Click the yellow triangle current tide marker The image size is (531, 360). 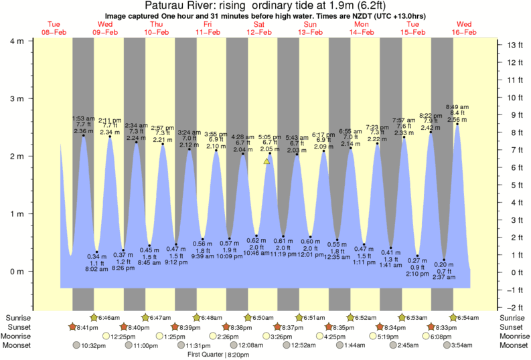coord(267,161)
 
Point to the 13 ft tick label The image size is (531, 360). coord(515,46)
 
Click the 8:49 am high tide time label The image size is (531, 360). coord(457,107)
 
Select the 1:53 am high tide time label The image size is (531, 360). coord(84,118)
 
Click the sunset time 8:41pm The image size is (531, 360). coord(88,327)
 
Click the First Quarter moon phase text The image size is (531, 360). coord(204,355)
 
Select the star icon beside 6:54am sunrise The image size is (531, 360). coord(454,317)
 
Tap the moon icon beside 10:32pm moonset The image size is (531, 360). coord(76,346)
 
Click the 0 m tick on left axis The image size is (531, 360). coord(16,272)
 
